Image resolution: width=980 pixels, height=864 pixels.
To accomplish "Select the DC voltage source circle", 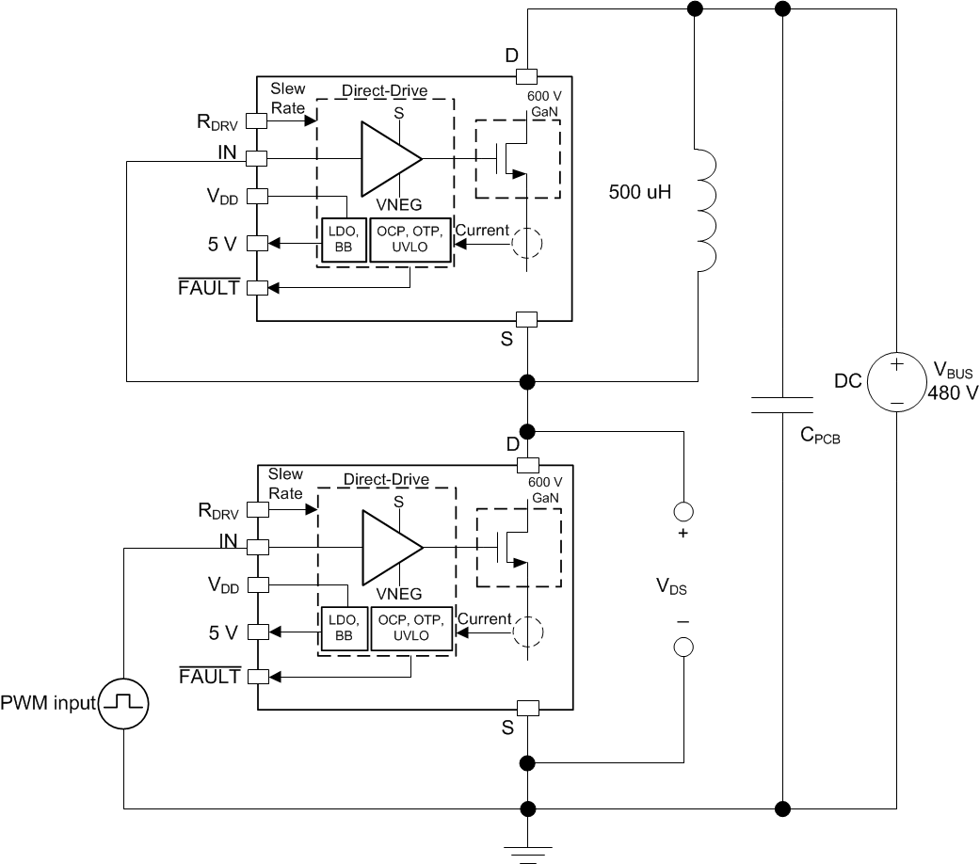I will tap(894, 380).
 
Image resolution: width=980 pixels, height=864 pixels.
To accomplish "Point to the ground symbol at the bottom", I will tap(527, 850).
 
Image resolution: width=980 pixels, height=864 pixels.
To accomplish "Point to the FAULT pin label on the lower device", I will tap(209, 676).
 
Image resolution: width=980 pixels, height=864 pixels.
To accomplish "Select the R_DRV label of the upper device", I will tap(219, 121).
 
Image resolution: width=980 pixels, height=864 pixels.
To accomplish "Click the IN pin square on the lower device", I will tap(258, 546).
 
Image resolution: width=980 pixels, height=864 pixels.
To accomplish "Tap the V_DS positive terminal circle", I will tap(683, 511).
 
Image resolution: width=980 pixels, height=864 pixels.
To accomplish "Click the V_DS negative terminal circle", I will tap(683, 648).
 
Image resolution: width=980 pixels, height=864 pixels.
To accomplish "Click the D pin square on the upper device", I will tap(527, 75).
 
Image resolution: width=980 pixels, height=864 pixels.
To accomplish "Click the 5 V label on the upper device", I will tap(223, 243).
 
